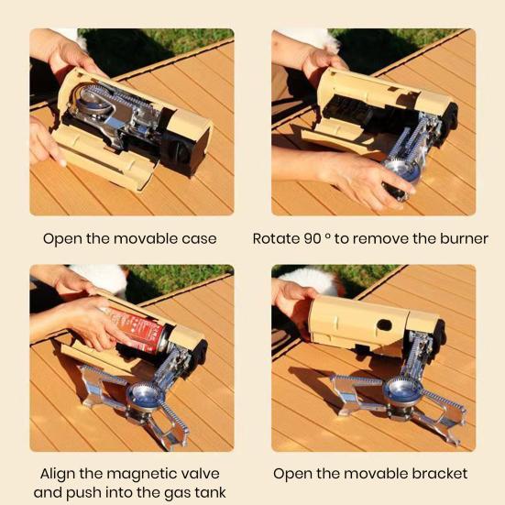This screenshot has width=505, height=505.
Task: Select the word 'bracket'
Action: [x=436, y=474]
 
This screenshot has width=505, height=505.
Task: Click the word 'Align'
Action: [x=60, y=474]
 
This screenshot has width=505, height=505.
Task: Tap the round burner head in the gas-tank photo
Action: [x=144, y=397]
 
